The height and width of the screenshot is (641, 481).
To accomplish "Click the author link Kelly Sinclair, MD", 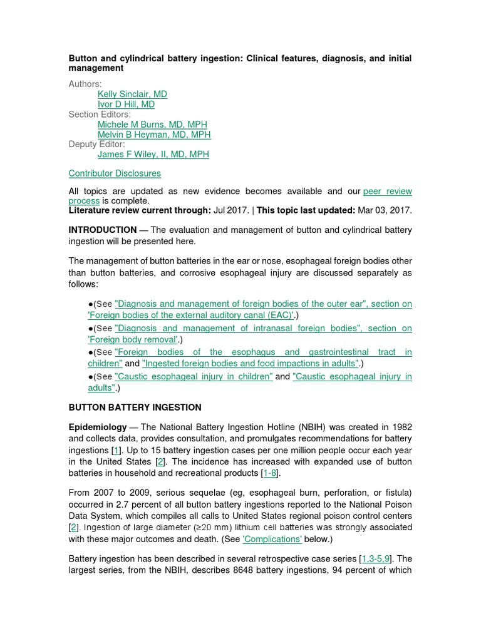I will tap(132, 95).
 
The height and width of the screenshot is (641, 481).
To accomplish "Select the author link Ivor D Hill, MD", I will tap(126, 105).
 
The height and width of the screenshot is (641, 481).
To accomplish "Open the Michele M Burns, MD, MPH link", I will tap(152, 125).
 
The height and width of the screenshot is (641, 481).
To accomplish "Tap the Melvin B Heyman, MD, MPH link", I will tap(154, 135).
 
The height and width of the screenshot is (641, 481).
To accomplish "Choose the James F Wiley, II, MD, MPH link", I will tap(153, 155).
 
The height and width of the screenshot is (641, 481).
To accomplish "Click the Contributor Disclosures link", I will tap(115, 173).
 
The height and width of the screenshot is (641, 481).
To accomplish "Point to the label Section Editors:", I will tap(100, 115).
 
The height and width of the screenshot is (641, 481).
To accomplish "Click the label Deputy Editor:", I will tap(96, 145).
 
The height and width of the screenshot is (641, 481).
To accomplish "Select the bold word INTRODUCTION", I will tap(102, 230).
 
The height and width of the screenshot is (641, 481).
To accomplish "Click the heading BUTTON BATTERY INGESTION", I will tap(135, 408).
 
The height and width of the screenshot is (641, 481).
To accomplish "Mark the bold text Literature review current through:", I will tap(140, 211).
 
